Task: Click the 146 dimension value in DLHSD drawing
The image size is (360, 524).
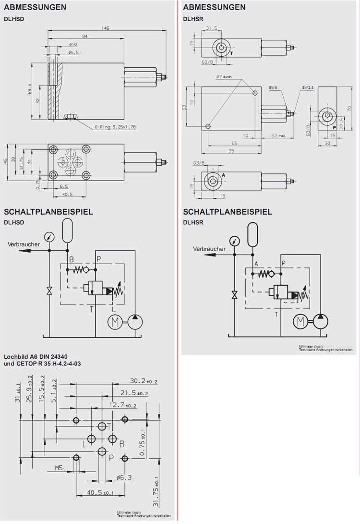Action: click(105, 28)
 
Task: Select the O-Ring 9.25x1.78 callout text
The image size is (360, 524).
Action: click(116, 127)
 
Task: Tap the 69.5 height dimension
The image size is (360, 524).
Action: click(29, 88)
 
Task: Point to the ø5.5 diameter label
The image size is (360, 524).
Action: click(73, 52)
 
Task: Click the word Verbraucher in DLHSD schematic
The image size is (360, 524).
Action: click(24, 244)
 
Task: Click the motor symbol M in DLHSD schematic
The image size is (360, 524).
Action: click(115, 324)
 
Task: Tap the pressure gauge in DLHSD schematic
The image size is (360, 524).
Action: click(49, 236)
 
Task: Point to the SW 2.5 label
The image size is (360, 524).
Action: click(308, 87)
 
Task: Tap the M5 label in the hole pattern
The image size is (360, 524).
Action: click(59, 467)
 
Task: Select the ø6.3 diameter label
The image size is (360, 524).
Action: click(124, 477)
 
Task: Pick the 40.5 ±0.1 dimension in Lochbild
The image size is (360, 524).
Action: click(100, 493)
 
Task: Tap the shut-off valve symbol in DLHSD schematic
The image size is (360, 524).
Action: click(49, 290)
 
